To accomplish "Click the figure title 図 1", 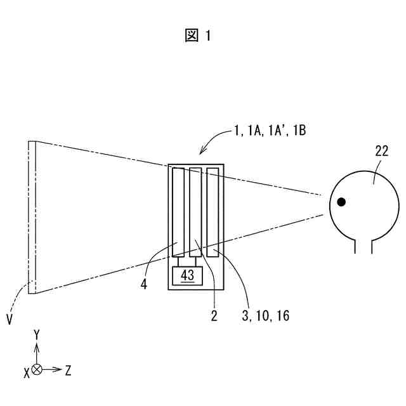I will coord(198,36).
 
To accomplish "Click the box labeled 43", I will coord(187,275).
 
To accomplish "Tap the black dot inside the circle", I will coord(341,202).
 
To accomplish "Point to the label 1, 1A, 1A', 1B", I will coord(270,131).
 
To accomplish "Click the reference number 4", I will coord(144,285).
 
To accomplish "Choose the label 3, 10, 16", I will coord(265,315).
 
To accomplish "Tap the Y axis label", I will coord(37,334).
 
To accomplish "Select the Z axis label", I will coord(68,370).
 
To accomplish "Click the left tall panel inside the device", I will coord(178,212).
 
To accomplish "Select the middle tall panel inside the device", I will coord(195,212).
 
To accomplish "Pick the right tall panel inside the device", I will coord(213,212).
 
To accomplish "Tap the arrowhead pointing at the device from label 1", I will coord(202,153).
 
